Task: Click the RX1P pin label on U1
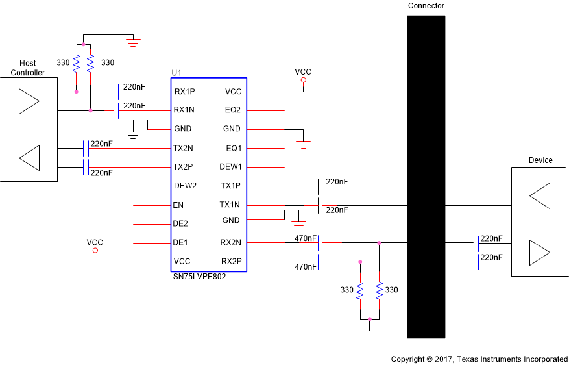(185, 92)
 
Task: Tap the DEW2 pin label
(186, 186)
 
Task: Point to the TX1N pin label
(230, 205)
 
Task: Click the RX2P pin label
(231, 262)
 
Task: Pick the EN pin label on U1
(178, 205)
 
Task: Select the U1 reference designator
(176, 72)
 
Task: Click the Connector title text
(426, 6)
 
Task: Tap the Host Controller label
(28, 68)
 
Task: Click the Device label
(540, 160)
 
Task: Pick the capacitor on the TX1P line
(320, 186)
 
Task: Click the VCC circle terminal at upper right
(303, 80)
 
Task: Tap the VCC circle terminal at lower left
(95, 251)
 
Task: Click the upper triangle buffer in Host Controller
(29, 101)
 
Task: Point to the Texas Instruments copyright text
(479, 359)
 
